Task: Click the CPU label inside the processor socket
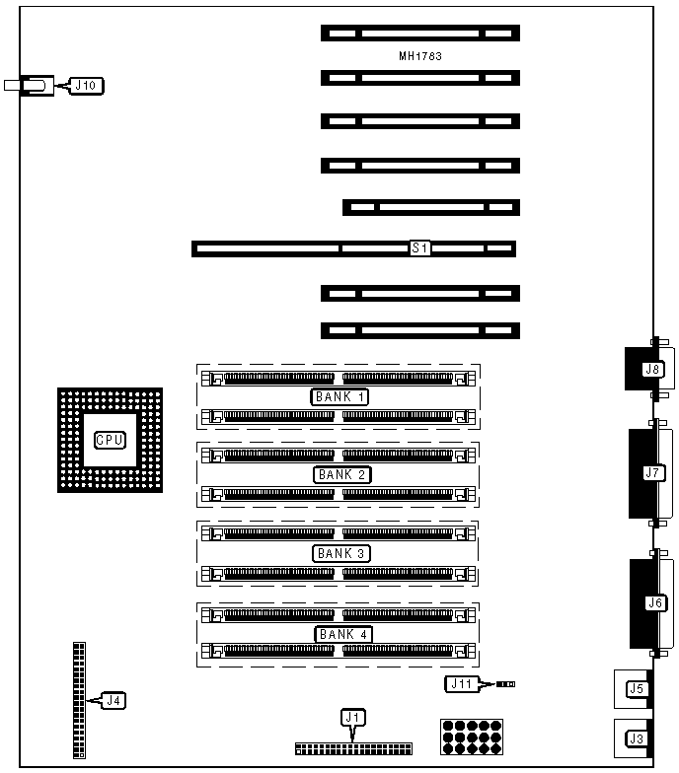[110, 440]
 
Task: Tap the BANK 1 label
[340, 396]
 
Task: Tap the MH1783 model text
[419, 56]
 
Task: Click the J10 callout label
[85, 86]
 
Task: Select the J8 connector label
[651, 370]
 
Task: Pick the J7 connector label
[652, 473]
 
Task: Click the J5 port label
[637, 689]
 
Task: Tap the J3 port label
[637, 738]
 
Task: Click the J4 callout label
[114, 701]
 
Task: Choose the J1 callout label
[352, 717]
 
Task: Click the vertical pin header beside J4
[79, 700]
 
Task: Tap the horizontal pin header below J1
[352, 750]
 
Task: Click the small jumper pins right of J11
[505, 683]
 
